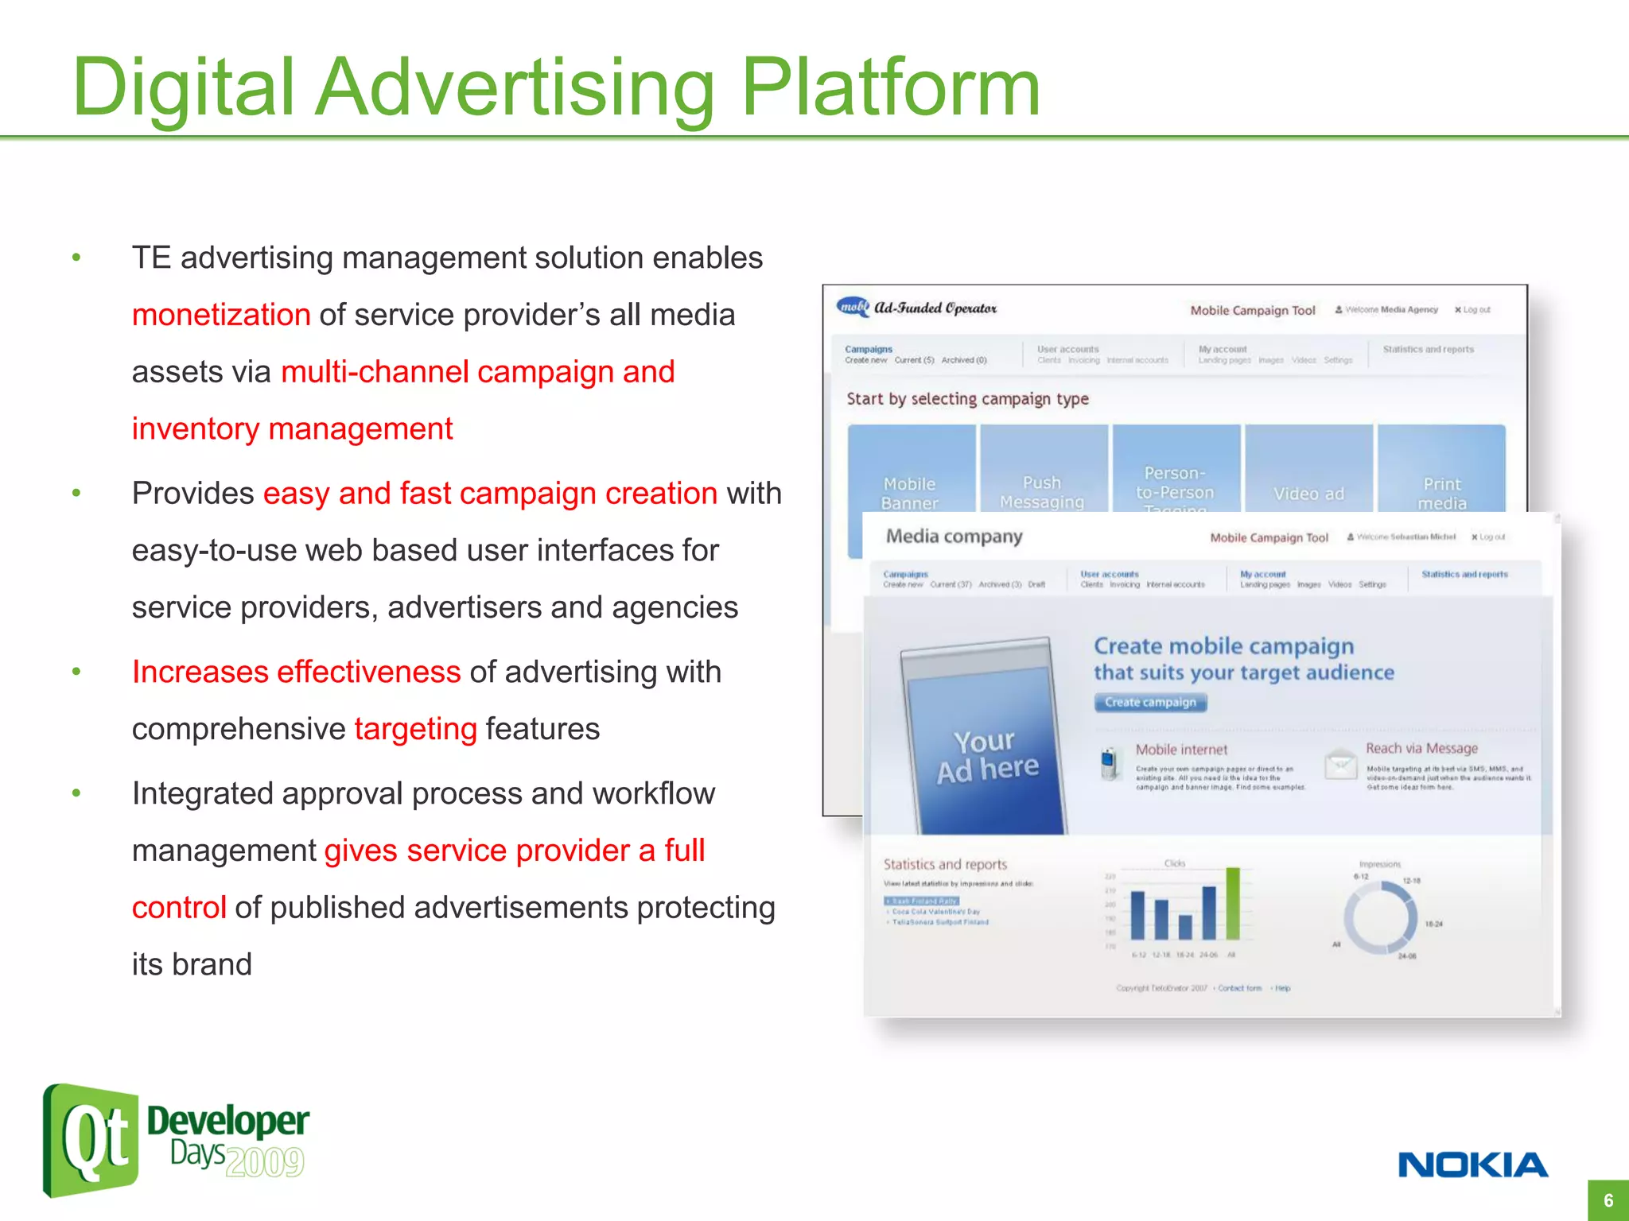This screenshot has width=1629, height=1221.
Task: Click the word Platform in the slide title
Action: point(891,87)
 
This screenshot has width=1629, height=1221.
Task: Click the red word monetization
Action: point(221,315)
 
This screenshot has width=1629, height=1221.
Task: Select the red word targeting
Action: point(415,729)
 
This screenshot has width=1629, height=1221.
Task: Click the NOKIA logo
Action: point(1472,1165)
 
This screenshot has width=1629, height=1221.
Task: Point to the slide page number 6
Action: point(1608,1200)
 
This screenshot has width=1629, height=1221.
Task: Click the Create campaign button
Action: point(1150,702)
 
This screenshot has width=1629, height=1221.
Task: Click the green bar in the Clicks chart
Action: point(1233,904)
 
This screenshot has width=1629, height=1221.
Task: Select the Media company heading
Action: point(954,537)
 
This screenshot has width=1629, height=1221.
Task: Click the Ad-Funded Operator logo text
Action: point(935,308)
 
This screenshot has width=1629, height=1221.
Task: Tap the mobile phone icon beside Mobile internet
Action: point(1108,763)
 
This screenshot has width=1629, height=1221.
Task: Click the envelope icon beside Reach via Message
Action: point(1341,764)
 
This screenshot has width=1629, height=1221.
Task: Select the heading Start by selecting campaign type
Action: point(967,399)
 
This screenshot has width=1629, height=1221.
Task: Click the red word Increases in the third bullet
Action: point(200,673)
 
